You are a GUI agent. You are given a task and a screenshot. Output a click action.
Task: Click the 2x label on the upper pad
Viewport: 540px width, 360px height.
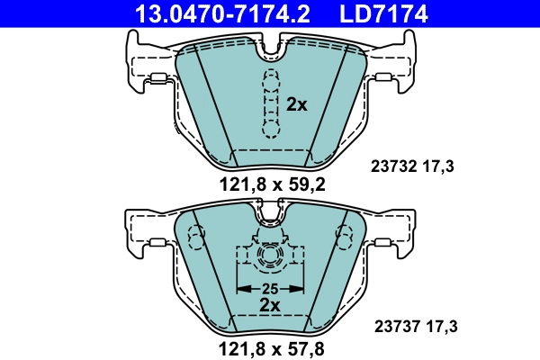pos(296,104)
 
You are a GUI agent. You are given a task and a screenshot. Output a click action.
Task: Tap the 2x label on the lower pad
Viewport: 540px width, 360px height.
pos(270,305)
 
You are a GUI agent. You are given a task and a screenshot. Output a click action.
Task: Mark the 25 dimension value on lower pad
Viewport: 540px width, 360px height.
pos(270,288)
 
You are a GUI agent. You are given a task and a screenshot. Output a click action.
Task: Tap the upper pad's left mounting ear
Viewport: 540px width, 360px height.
pos(144,65)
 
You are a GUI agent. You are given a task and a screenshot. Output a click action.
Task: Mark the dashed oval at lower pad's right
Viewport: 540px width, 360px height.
pos(344,237)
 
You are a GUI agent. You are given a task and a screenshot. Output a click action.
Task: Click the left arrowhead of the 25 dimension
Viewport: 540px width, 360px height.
pos(240,288)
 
